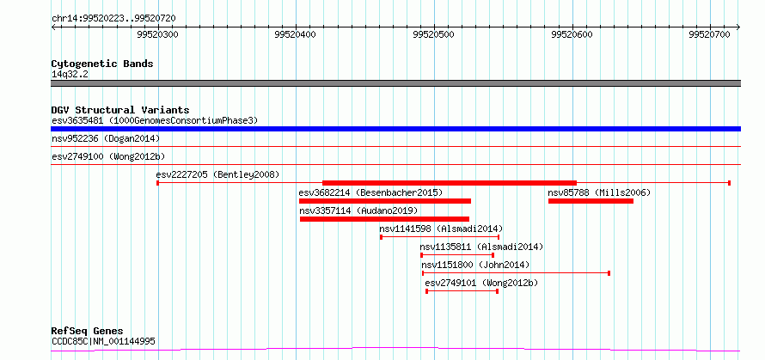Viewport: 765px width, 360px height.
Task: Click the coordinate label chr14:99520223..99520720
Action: pyautogui.click(x=113, y=19)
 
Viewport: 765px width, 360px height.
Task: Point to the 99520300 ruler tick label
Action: pyautogui.click(x=157, y=35)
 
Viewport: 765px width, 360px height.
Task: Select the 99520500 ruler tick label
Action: pyautogui.click(x=434, y=35)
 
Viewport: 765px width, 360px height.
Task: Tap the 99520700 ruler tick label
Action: pyautogui.click(x=709, y=35)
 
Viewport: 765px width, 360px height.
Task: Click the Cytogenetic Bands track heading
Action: pyautogui.click(x=102, y=64)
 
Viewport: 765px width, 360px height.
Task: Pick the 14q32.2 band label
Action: pyautogui.click(x=70, y=75)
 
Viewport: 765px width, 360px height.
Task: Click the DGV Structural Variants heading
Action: pyautogui.click(x=120, y=110)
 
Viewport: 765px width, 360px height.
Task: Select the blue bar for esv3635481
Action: pyautogui.click(x=395, y=129)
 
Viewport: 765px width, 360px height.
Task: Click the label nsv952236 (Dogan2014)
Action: pyautogui.click(x=106, y=139)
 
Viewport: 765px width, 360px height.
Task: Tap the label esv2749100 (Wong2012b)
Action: pyautogui.click(x=108, y=156)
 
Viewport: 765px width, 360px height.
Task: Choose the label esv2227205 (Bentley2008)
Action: pyautogui.click(x=217, y=174)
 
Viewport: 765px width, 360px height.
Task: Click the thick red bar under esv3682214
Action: pyautogui.click(x=385, y=201)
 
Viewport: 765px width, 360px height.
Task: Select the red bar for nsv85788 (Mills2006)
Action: pyautogui.click(x=591, y=201)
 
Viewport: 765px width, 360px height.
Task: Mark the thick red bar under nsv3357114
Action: pyautogui.click(x=384, y=219)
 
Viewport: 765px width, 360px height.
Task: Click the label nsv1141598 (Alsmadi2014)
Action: pyautogui.click(x=441, y=229)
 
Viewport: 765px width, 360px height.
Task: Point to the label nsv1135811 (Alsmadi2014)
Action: pyautogui.click(x=481, y=247)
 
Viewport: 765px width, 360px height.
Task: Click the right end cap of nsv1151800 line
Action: pyautogui.click(x=609, y=273)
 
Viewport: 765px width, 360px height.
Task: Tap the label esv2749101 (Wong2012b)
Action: pyautogui.click(x=481, y=283)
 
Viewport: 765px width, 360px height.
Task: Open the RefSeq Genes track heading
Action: pyautogui.click(x=88, y=332)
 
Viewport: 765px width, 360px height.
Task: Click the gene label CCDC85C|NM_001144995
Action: pyautogui.click(x=103, y=342)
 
